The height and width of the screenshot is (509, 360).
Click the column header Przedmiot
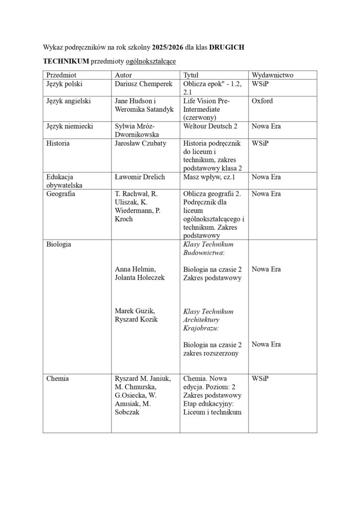pos(61,75)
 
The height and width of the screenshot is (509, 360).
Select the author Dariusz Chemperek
pos(143,84)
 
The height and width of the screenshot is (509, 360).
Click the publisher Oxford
pos(262,101)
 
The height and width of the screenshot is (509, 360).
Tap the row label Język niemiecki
pos(70,126)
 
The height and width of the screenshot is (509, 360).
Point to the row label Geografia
pos(61,194)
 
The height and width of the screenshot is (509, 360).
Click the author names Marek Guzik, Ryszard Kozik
pos(136,315)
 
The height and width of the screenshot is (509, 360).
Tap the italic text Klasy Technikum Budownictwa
pos(208,249)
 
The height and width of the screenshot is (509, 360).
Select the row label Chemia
pos(57,378)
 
